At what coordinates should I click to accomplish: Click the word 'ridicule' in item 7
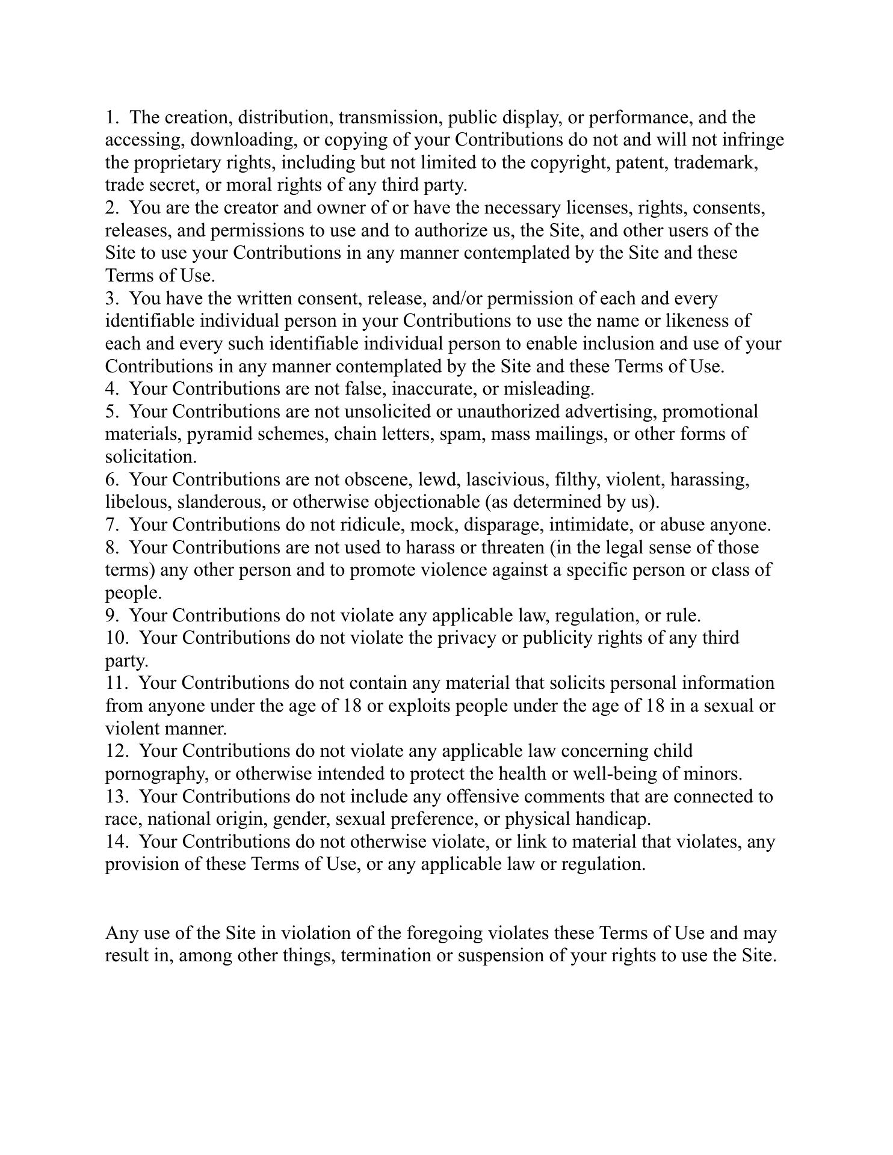point(371,525)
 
